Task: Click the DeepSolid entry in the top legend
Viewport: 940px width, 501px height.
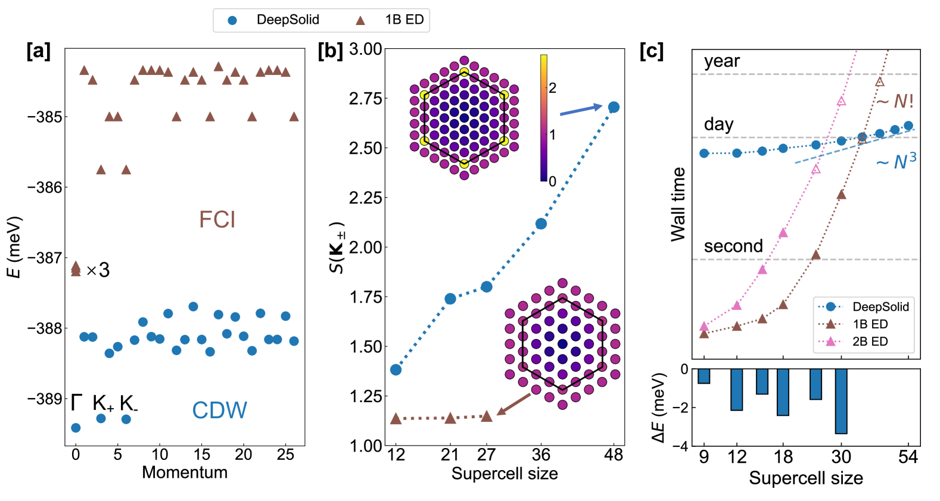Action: [x=287, y=20]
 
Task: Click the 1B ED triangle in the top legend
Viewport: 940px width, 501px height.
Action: [x=360, y=20]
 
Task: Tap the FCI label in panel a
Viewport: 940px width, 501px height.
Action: [x=217, y=220]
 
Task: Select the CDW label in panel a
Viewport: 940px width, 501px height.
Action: [x=219, y=410]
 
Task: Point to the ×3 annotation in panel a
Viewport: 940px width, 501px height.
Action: [x=98, y=271]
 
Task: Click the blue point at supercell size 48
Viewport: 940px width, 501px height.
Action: [x=614, y=107]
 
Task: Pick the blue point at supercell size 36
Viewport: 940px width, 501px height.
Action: [x=541, y=224]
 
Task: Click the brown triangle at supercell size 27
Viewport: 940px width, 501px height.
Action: [x=486, y=416]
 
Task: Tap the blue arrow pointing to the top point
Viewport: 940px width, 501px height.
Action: [x=581, y=109]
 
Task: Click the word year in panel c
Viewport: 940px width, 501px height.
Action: [x=721, y=61]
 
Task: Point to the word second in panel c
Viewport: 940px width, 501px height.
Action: [x=733, y=246]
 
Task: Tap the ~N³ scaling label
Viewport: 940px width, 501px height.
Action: [x=896, y=161]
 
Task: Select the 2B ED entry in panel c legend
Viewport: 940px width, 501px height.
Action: [x=870, y=342]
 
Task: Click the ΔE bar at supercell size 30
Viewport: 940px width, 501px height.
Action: [x=841, y=401]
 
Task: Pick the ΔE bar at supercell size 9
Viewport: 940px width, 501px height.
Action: [x=704, y=376]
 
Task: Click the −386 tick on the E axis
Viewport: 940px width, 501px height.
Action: [x=44, y=187]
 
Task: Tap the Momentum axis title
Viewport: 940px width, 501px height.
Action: [x=185, y=472]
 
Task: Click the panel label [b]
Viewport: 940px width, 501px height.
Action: [x=331, y=51]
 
